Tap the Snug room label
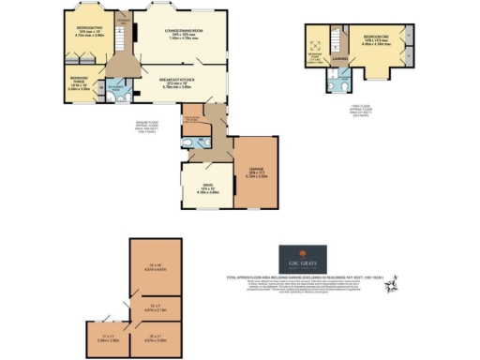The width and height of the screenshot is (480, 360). (x=203, y=191)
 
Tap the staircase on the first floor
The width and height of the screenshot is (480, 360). (x=330, y=41)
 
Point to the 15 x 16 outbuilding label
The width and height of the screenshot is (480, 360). (x=155, y=266)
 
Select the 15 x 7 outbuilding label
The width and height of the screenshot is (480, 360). (x=155, y=307)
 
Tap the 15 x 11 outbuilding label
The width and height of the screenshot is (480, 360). (x=155, y=336)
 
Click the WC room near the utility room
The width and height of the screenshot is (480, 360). (x=190, y=143)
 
